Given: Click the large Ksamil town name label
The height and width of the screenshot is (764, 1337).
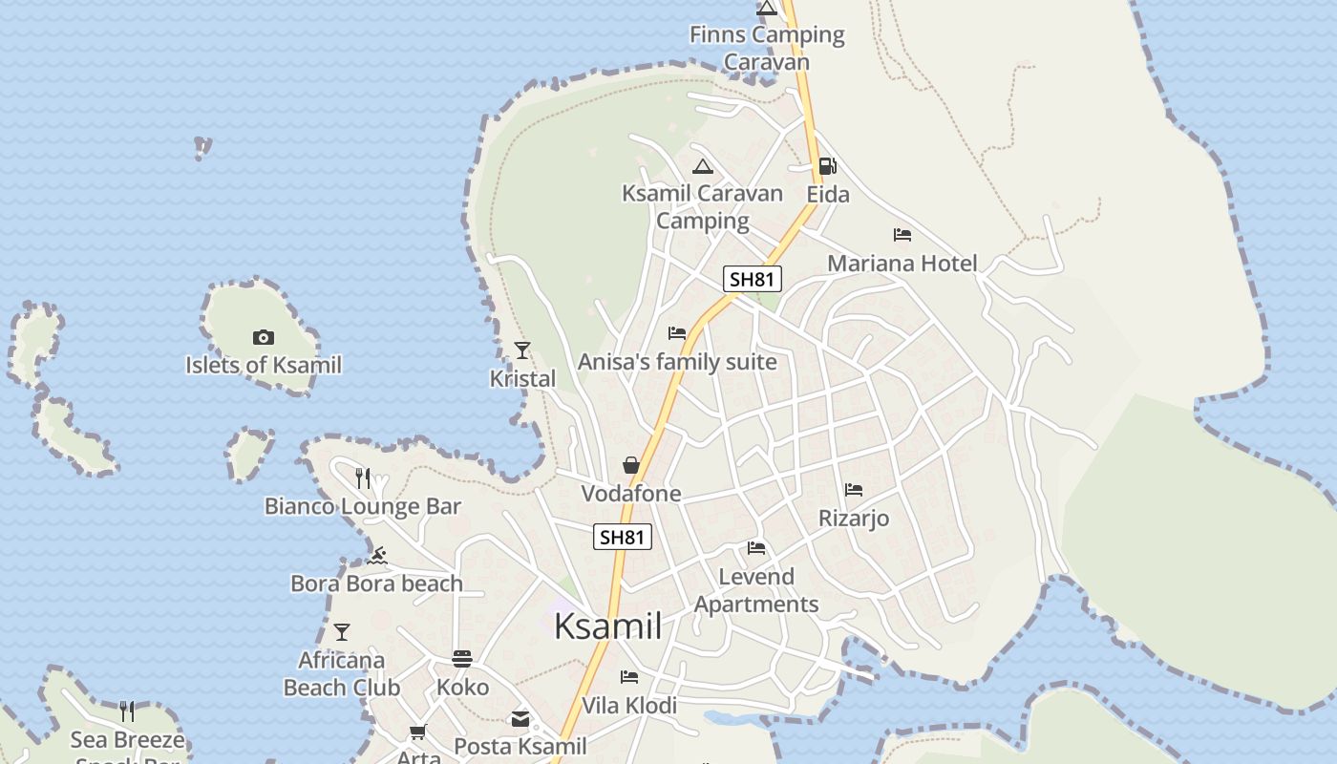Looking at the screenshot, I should coord(608,626).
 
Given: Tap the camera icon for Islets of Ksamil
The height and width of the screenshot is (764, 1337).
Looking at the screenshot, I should coord(264,337).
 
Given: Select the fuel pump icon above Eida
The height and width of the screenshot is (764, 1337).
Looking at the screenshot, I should coord(827,166).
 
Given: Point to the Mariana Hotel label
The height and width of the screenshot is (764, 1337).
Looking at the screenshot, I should coord(902,263).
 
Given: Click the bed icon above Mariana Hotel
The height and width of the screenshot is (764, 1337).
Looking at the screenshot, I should coord(902,235).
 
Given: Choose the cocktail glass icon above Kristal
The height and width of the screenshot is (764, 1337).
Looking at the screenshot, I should coord(522,350).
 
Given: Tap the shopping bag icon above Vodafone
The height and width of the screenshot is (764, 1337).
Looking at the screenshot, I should coord(631,465).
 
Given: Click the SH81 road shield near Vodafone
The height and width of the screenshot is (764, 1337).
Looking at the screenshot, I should coord(623,537).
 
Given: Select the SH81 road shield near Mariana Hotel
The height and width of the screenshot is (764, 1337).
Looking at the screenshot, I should coord(753,279).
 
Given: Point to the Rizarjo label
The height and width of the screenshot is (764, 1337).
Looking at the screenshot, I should coord(854,519).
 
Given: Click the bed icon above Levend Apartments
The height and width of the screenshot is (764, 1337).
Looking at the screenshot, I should coord(757,548).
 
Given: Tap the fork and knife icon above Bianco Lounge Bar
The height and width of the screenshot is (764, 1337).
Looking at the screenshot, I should coord(363,477).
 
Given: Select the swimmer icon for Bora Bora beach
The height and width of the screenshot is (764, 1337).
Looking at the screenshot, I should coord(377,556).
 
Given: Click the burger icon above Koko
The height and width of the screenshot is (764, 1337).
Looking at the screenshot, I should coord(462,659).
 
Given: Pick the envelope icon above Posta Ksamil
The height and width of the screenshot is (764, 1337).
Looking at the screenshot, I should coord(520,719).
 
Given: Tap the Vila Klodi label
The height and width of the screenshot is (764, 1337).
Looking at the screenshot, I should coord(629,706).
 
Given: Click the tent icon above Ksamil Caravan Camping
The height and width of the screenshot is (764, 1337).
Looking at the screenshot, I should coord(703,166).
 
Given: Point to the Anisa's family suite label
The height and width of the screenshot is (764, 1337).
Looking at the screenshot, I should coord(677,363).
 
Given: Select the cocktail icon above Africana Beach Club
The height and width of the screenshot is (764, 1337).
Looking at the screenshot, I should coord(342,632).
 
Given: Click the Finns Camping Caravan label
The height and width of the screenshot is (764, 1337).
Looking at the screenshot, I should coord(767,48).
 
